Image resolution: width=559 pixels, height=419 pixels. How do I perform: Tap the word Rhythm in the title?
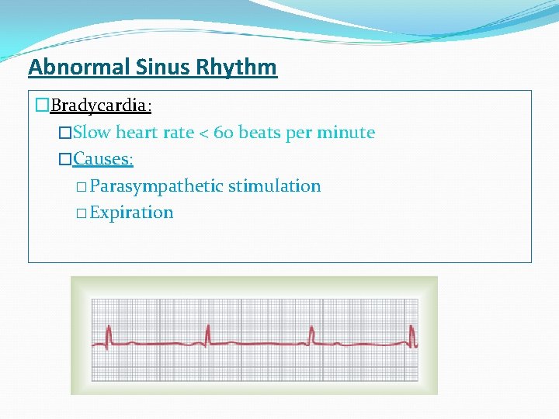coord(238,68)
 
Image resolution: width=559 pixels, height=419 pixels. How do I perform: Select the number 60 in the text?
coord(224,133)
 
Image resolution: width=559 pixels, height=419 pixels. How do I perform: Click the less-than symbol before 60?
coord(203,133)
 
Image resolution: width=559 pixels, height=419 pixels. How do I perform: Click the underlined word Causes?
coord(102,159)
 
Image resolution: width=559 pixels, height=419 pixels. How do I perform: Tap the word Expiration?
coord(131,213)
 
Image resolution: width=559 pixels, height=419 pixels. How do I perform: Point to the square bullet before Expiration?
coord(82,213)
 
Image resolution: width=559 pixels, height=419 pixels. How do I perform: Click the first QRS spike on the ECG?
coord(109,335)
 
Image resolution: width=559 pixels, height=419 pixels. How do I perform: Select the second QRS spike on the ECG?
coord(208,335)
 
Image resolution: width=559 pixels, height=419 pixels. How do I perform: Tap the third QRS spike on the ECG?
coord(311,335)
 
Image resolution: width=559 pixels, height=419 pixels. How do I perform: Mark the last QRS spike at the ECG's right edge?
coord(412,335)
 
